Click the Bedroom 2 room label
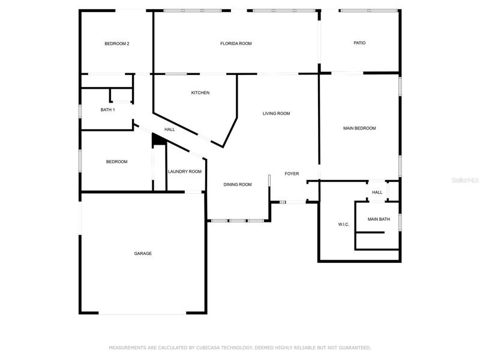(x=117, y=44)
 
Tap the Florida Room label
(x=236, y=44)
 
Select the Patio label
(x=359, y=43)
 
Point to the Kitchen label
(x=200, y=93)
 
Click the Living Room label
(x=277, y=113)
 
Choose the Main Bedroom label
(x=359, y=128)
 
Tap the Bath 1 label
(x=108, y=110)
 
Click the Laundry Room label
(x=185, y=172)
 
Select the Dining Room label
(x=238, y=185)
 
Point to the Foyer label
(x=292, y=174)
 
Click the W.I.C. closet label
(x=344, y=224)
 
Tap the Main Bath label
(x=379, y=220)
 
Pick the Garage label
(x=143, y=254)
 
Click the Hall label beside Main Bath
(x=377, y=193)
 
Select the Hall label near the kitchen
(x=170, y=130)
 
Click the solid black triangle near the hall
(x=157, y=140)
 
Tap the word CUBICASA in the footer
(x=208, y=348)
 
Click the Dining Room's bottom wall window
(x=238, y=221)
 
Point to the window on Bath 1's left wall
(x=80, y=112)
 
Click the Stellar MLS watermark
(x=466, y=181)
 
